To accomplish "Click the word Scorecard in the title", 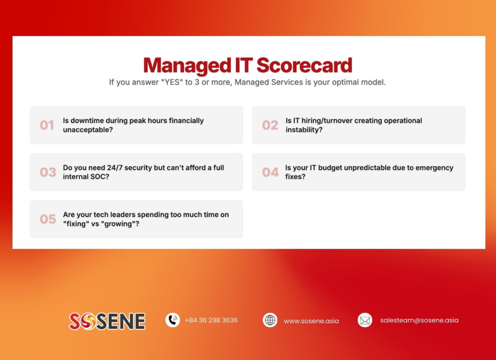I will click(304, 65).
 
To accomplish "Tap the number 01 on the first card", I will click(47, 125).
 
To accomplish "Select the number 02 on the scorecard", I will click(270, 125).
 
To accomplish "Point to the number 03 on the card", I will click(48, 172).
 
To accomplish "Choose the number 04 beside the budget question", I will click(270, 172).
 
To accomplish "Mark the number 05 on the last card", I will click(48, 219).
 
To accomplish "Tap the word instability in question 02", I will click(304, 130).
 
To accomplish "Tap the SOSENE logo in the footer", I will click(107, 321).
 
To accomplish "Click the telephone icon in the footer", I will click(172, 320).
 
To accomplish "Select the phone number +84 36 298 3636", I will click(211, 320).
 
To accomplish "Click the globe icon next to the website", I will click(270, 320).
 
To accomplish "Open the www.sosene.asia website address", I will click(311, 321).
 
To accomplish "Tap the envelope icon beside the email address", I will click(365, 320).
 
